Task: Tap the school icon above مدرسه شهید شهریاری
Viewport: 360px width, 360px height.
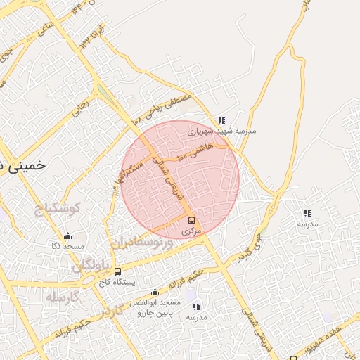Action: click(222, 120)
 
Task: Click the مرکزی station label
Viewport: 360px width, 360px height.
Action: click(191, 231)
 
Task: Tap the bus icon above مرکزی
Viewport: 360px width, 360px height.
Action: click(192, 219)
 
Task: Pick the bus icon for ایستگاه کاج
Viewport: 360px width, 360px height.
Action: click(117, 271)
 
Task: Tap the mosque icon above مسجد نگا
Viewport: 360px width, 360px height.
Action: click(67, 236)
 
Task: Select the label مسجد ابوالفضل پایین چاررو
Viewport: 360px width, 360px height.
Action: click(155, 307)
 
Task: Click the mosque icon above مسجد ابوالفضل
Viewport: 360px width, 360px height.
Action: click(155, 292)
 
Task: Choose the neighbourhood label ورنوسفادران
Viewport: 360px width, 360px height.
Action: click(140, 243)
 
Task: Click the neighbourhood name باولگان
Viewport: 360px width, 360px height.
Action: click(92, 266)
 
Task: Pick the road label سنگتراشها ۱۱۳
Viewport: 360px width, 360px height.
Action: click(116, 181)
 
